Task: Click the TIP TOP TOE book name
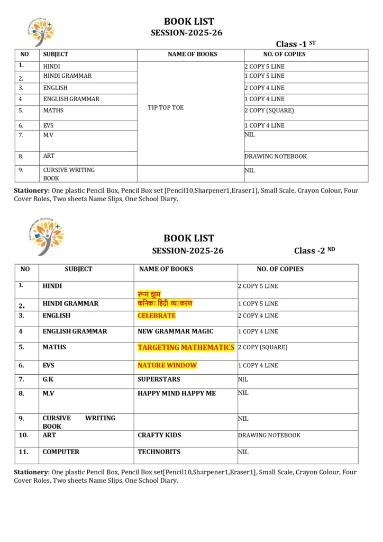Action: pyautogui.click(x=166, y=107)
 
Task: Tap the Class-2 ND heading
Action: pyautogui.click(x=314, y=250)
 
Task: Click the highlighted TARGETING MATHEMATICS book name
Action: pyautogui.click(x=186, y=348)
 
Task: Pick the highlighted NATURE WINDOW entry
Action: pyautogui.click(x=167, y=365)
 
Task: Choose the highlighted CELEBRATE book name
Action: pyautogui.click(x=156, y=315)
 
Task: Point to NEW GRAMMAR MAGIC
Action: pyautogui.click(x=175, y=331)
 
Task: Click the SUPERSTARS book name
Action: pyautogui.click(x=159, y=379)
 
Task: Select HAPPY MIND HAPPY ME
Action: pyautogui.click(x=176, y=393)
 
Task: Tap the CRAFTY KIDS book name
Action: pyautogui.click(x=159, y=435)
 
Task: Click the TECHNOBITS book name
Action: pyautogui.click(x=159, y=452)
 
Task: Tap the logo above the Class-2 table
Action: pyautogui.click(x=47, y=236)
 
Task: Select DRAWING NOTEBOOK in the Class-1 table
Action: pyautogui.click(x=275, y=157)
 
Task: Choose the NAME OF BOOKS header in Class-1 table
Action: pyautogui.click(x=192, y=55)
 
